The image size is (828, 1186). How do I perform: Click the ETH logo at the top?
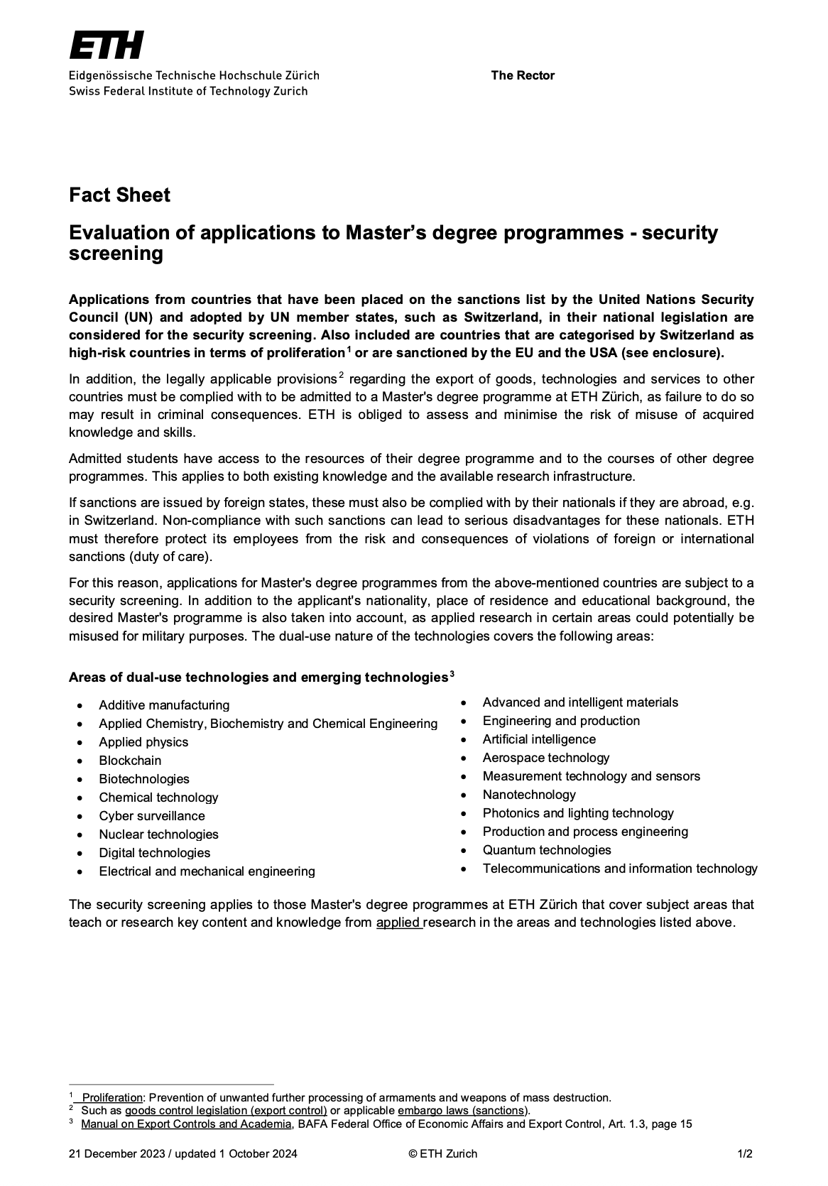[x=107, y=45]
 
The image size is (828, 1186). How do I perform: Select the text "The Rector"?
[x=522, y=75]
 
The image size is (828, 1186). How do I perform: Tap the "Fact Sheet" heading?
[x=119, y=195]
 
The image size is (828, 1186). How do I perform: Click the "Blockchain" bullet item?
[x=130, y=761]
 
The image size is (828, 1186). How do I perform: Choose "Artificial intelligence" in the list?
[x=539, y=739]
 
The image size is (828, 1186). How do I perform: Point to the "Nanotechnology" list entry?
[x=529, y=795]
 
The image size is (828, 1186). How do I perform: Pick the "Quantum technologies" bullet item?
[x=547, y=850]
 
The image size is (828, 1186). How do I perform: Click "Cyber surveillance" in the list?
[x=152, y=816]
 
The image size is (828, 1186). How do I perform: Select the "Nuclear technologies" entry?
[x=158, y=834]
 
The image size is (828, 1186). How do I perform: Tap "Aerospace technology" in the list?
[x=546, y=758]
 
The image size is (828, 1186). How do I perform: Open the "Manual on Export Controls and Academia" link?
[x=186, y=1124]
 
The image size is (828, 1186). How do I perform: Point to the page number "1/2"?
[x=745, y=1154]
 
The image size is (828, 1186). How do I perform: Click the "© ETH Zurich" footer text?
[x=443, y=1154]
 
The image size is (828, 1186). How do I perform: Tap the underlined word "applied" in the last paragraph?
[x=398, y=923]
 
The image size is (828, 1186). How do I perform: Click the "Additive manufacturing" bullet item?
[x=164, y=705]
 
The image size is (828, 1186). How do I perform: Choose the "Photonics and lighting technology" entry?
[x=578, y=813]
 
